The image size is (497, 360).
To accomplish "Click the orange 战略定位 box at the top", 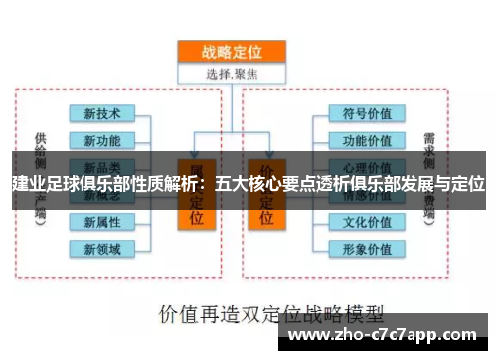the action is (x=231, y=51).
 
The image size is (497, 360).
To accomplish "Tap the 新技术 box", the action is (x=102, y=115).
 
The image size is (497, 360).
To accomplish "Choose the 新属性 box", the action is (x=102, y=221).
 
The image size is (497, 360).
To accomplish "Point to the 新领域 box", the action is (x=102, y=247).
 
